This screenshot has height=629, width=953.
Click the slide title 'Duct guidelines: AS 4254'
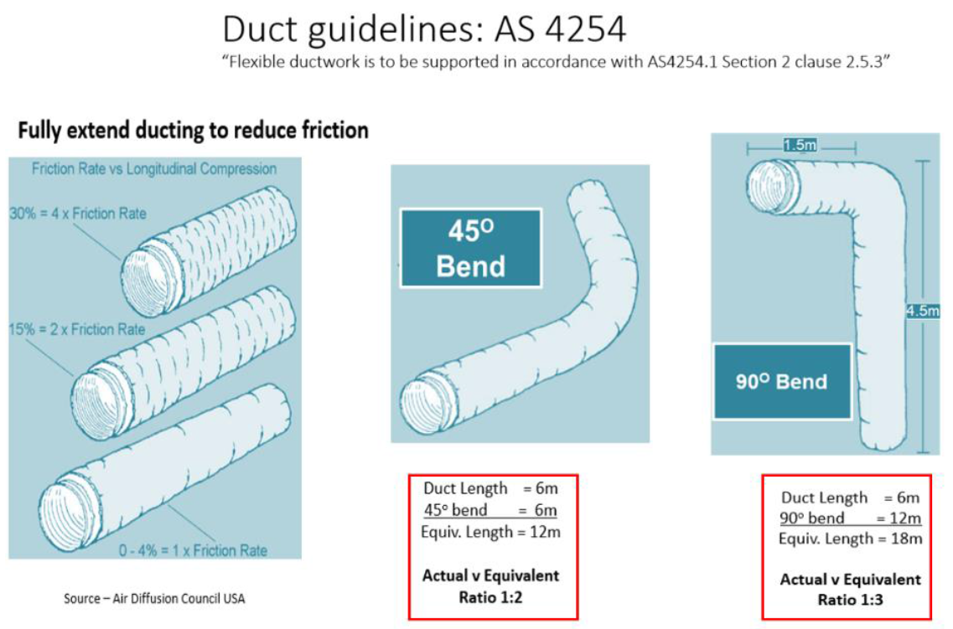point(423,30)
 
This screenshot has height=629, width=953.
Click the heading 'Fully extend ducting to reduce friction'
point(193,131)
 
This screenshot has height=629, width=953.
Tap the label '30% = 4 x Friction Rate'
point(77,214)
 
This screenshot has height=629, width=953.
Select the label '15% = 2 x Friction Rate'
point(77,329)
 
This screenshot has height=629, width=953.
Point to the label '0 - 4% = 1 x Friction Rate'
point(193,550)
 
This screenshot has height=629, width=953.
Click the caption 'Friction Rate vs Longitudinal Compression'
point(154,169)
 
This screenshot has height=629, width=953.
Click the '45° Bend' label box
point(470,248)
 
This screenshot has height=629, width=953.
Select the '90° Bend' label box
point(781,382)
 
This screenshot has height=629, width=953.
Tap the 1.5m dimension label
point(800,145)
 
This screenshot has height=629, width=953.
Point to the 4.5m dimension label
point(922,311)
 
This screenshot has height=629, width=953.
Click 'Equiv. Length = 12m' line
point(491,531)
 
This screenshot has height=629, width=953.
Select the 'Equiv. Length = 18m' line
point(850,539)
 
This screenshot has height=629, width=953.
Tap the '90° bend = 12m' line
point(850,518)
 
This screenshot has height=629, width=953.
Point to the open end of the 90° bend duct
point(764,182)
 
